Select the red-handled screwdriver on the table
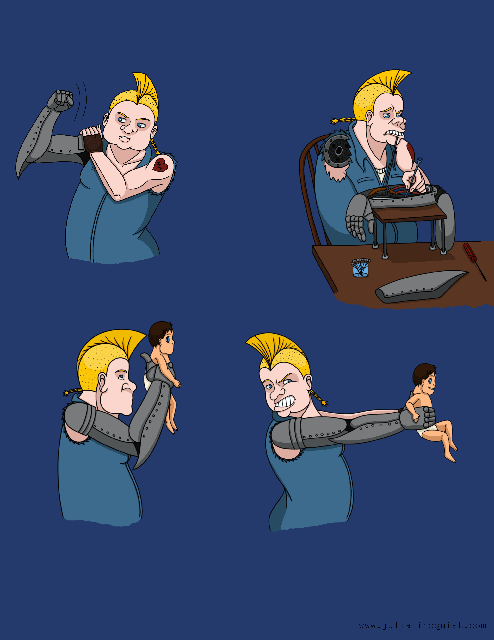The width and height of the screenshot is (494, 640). click(474, 261)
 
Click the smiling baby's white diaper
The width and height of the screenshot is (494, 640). click(429, 431)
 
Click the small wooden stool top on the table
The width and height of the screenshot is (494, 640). click(410, 212)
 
